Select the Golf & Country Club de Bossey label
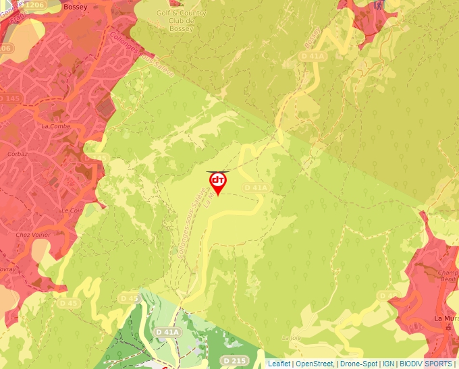point(181,21)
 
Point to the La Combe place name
point(55,125)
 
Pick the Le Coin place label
point(72,210)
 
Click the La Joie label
point(290,337)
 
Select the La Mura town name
point(446,318)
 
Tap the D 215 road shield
point(235,361)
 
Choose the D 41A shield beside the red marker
point(256,187)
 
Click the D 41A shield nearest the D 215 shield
point(167,332)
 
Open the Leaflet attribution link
point(279,364)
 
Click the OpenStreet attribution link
point(315,364)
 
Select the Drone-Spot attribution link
point(358,364)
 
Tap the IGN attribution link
point(388,364)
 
